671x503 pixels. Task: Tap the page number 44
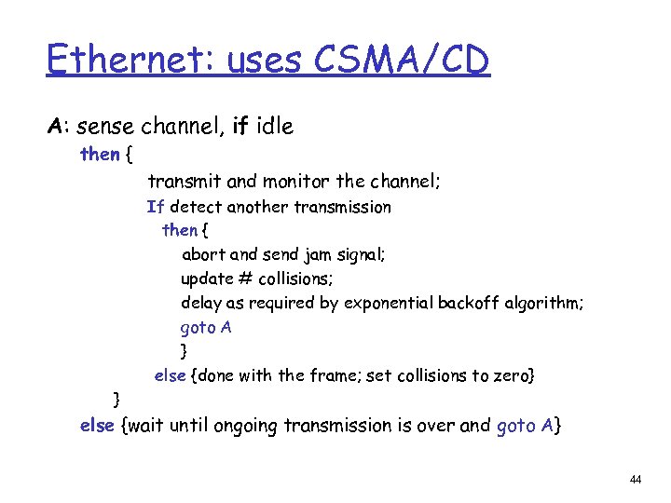(636, 480)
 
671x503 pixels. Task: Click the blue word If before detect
(155, 207)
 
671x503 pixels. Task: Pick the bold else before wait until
(97, 425)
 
